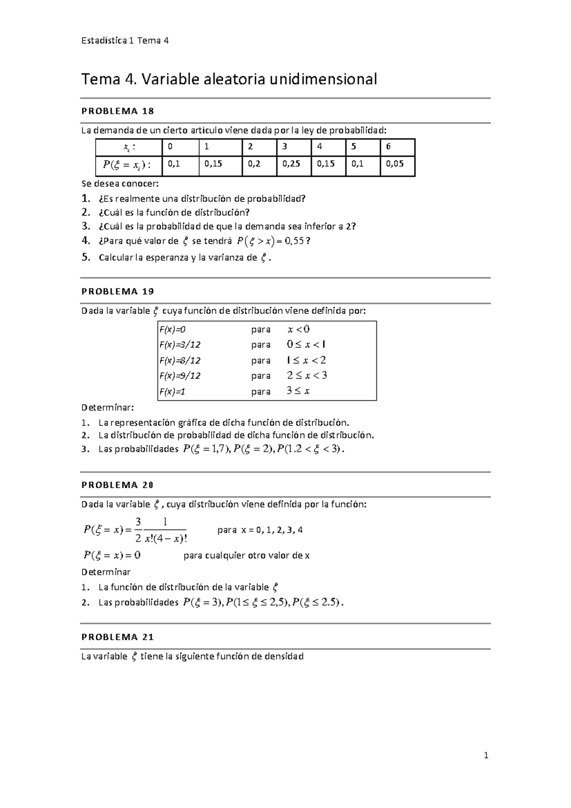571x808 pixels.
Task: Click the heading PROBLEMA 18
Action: coord(118,111)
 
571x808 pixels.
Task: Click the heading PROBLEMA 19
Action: coord(118,291)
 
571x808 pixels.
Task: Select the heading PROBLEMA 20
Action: coord(118,485)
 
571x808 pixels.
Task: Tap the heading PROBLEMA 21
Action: coord(118,637)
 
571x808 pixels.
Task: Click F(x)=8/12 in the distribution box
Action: coord(180,360)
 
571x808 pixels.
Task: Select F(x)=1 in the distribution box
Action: coord(173,392)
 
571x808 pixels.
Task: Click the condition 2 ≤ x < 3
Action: coord(307,375)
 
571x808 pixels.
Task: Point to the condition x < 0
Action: coord(299,329)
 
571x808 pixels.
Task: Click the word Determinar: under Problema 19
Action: coord(108,408)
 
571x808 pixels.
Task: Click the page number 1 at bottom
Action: coord(486,755)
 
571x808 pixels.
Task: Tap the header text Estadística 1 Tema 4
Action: coord(125,40)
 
